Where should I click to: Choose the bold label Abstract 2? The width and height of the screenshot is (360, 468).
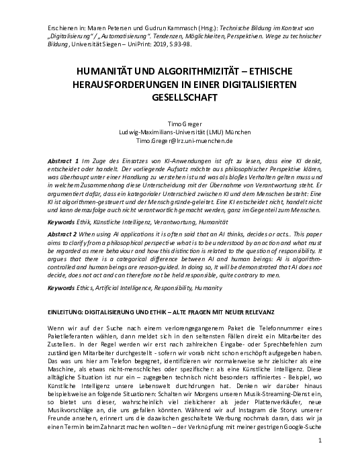coord(66,231)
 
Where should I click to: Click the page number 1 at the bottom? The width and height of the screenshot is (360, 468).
coord(322,459)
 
